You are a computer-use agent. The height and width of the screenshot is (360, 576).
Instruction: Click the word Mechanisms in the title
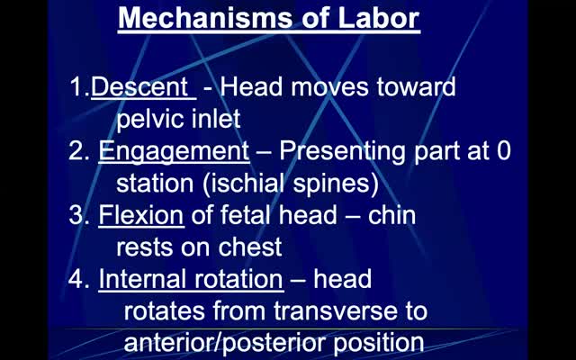point(203,18)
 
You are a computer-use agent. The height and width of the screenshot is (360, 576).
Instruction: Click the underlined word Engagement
point(174,151)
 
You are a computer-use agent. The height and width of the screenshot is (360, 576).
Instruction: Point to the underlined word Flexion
point(141,215)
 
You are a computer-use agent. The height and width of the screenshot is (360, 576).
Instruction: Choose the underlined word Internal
point(141,279)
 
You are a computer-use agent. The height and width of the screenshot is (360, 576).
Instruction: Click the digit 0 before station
point(504,151)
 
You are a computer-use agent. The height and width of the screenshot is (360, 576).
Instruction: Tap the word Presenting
point(343,151)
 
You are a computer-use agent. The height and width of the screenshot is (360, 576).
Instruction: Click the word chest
point(250,247)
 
